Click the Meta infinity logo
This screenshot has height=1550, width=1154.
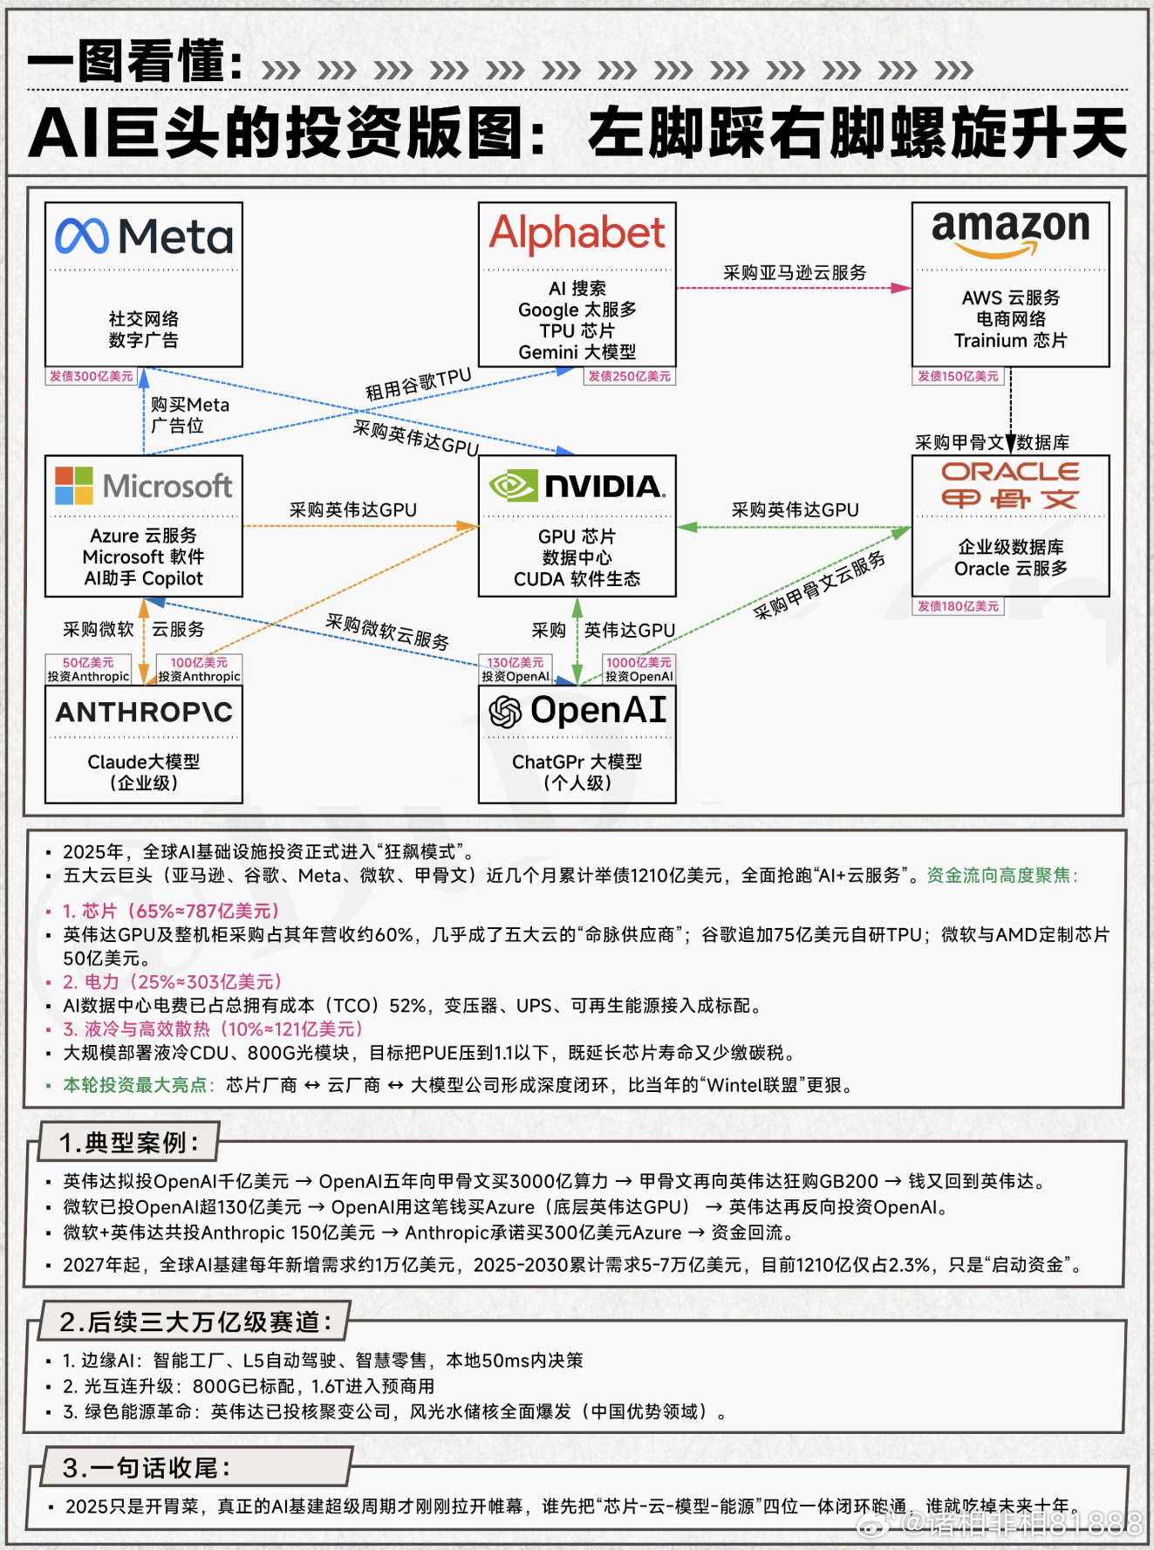click(x=82, y=236)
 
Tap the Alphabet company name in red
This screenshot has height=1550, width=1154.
click(x=577, y=233)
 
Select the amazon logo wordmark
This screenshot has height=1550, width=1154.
click(x=1010, y=229)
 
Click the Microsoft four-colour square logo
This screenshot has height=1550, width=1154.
click(x=73, y=485)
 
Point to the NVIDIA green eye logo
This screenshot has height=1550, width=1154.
click(x=513, y=486)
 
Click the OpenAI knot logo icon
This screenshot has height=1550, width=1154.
click(x=505, y=712)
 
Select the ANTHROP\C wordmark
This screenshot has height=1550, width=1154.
click(x=144, y=713)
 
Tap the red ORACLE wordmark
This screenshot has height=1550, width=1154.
click(x=1010, y=472)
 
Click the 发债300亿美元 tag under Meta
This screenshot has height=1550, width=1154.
click(x=92, y=377)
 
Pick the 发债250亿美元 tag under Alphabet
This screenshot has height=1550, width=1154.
click(x=629, y=377)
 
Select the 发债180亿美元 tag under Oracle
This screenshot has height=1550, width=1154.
click(x=958, y=606)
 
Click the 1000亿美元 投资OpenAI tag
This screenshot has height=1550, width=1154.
click(x=639, y=669)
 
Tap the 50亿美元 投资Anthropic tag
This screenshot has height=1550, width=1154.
click(x=88, y=669)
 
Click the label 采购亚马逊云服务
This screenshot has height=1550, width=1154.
click(x=795, y=273)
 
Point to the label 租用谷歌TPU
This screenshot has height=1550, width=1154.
click(x=418, y=385)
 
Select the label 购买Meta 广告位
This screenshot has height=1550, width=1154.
click(x=189, y=415)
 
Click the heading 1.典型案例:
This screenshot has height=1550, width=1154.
click(x=129, y=1142)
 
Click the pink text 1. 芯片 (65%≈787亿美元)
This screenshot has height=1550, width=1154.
click(x=171, y=911)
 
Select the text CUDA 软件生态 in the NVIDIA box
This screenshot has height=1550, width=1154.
click(x=577, y=579)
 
